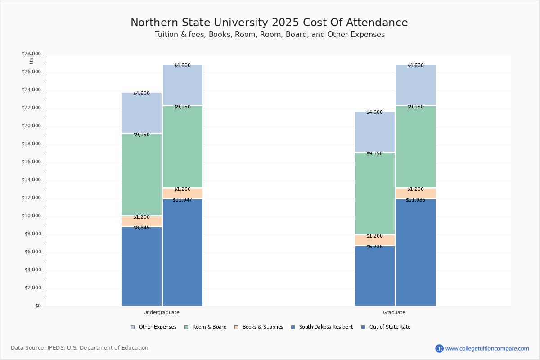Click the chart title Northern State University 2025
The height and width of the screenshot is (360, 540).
[x=269, y=23]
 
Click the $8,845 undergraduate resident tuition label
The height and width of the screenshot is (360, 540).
[x=141, y=228]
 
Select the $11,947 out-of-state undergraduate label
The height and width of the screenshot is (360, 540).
[x=182, y=200]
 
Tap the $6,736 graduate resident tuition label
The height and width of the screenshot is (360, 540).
[x=374, y=247]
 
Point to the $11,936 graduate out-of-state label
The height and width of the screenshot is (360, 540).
[x=415, y=200]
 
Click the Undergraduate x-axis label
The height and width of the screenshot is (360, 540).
[x=162, y=312]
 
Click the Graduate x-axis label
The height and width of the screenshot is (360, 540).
[x=394, y=312]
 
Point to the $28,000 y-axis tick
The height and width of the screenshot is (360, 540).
[x=31, y=54]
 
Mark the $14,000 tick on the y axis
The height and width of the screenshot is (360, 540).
[x=31, y=180]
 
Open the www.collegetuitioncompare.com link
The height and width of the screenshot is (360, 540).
[x=487, y=348]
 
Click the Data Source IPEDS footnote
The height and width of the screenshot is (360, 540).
[x=80, y=348]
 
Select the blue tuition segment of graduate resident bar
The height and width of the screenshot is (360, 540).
[x=375, y=277]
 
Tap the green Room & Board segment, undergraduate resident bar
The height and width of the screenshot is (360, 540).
[x=142, y=175]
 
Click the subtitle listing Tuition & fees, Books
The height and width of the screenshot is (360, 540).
[x=270, y=35]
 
